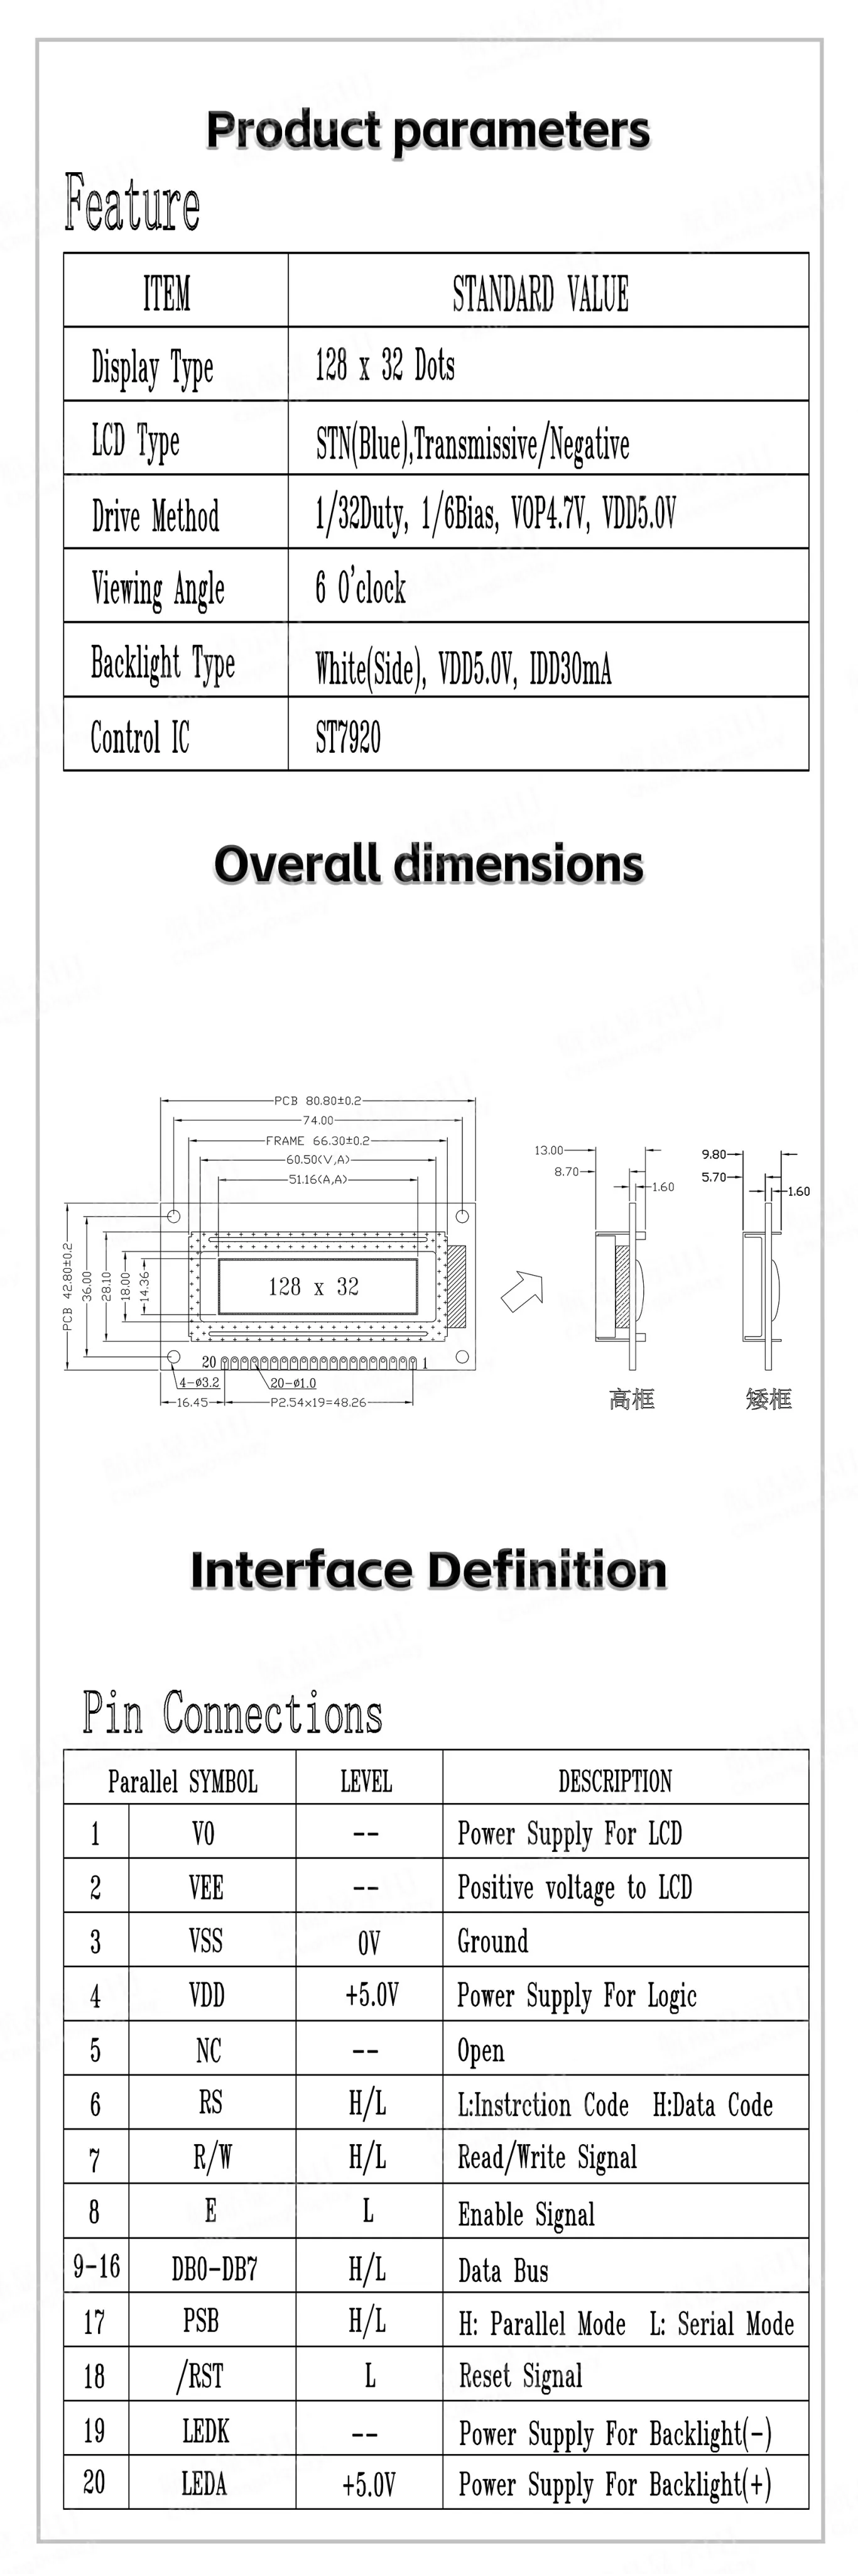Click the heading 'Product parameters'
coord(428,131)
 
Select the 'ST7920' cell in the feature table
coord(347,737)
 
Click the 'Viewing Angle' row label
coord(158,589)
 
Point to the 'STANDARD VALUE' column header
coord(540,293)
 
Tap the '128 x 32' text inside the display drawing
coord(313,1287)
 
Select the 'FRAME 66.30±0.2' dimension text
coord(318,1140)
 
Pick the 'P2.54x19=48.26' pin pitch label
coord(318,1402)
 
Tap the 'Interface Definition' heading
coord(428,1571)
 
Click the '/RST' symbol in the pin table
coord(200,2375)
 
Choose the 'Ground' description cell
coord(492,1941)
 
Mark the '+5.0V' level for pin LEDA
coord(369,2484)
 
